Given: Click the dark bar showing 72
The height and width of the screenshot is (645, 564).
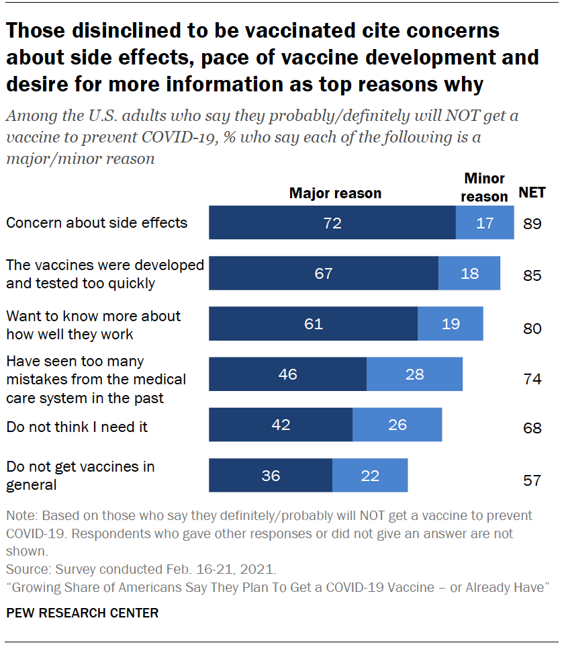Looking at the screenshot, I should coord(332,223).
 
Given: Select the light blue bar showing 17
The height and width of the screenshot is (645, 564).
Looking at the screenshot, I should coord(485,223).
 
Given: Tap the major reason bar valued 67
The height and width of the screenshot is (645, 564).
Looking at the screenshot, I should coord(324,273).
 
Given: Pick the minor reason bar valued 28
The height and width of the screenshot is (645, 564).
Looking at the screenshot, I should coord(414,374).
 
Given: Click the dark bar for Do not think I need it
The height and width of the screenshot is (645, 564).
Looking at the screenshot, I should coord(281,425).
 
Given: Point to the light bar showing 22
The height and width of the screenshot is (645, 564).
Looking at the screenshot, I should coord(370,476).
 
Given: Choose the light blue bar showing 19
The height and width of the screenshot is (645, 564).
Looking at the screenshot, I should coord(451,324).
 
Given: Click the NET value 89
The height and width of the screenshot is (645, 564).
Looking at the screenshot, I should coord(532,224).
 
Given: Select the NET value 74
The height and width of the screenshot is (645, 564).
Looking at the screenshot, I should coord(532,379).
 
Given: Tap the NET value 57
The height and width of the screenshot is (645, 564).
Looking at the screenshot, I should coord(532,480).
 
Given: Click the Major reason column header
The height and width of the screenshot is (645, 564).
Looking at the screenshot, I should coord(335,193).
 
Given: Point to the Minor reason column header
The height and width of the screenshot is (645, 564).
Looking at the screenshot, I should coord(485,187).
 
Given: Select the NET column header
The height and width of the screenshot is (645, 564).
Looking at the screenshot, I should coord(532,193).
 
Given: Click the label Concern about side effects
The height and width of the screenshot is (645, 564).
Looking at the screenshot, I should coord(97,222).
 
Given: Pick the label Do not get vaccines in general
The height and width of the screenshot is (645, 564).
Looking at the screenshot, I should coord(80,475).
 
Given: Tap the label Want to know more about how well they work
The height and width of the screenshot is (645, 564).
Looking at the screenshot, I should coord(93,325).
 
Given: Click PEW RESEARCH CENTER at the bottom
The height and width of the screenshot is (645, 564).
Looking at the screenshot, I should coord(83,613).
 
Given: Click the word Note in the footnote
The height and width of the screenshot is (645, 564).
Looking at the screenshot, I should coord(20,516).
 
